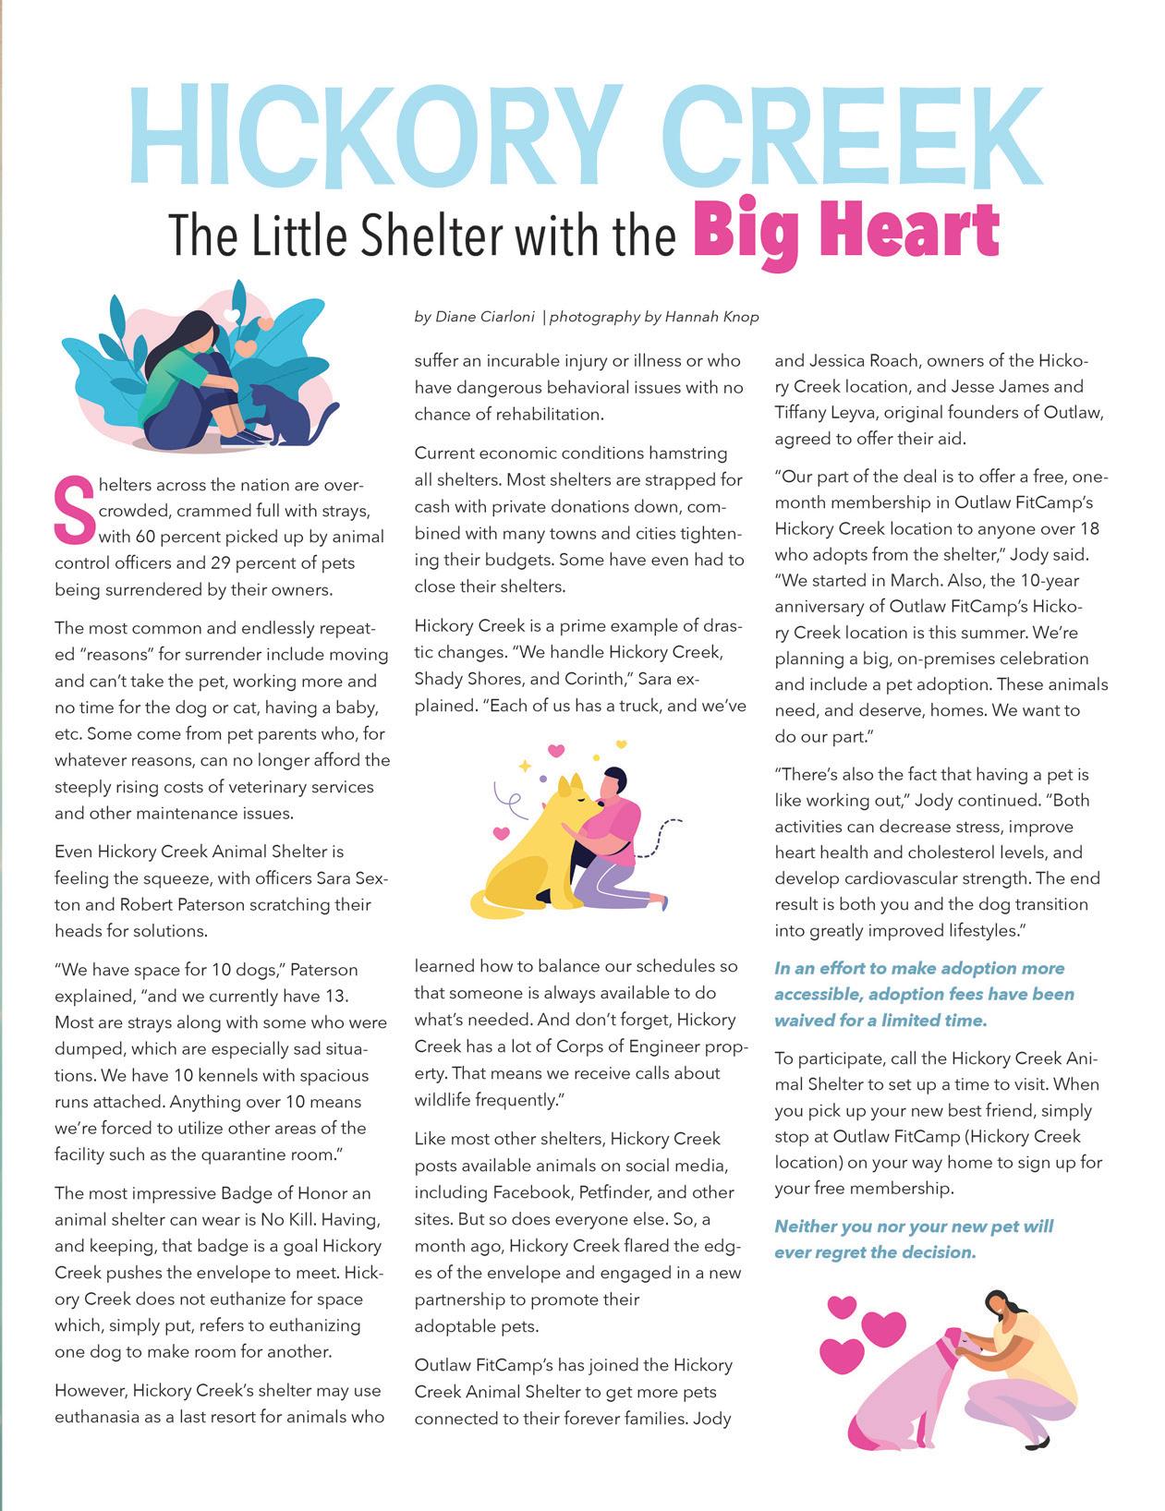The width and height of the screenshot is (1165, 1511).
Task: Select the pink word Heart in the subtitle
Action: pos(909,232)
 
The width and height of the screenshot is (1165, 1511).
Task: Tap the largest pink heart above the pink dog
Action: pos(884,1328)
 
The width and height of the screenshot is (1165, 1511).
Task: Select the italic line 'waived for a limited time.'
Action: pos(880,1021)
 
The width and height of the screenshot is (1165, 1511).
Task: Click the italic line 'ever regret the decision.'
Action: pos(875,1252)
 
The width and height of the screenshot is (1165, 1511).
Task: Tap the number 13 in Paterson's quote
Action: pos(336,997)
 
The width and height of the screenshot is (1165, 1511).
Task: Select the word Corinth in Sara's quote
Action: pos(566,679)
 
